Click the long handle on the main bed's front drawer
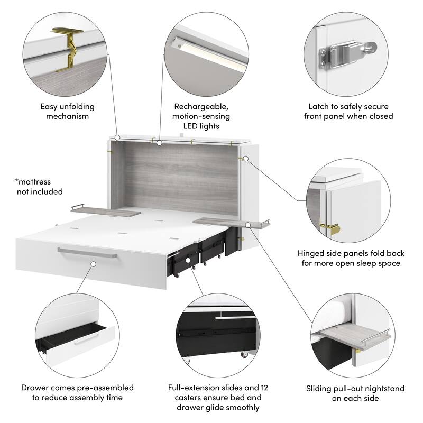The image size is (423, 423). coord(87,253)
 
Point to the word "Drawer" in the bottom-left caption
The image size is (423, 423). coord(35,388)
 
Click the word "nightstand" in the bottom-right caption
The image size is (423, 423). coord(369,388)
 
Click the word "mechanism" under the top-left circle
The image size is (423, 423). coord(68,116)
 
